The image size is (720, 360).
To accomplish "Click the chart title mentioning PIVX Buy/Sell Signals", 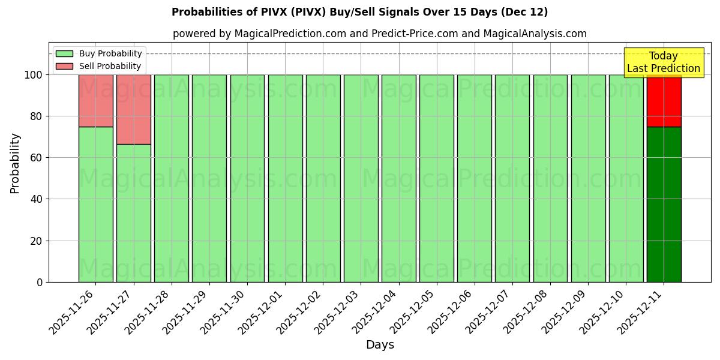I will [x=359, y=12].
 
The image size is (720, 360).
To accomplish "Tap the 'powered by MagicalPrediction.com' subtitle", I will [x=379, y=34].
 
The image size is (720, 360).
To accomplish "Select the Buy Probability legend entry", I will [x=98, y=53].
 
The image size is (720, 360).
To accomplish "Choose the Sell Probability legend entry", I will [x=98, y=66].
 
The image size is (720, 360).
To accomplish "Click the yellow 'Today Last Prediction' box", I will [x=663, y=62].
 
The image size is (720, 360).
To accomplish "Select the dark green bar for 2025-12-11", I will [x=664, y=204].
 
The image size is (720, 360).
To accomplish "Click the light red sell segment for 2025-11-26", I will [x=95, y=100].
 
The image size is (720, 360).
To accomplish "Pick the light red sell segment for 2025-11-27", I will [x=133, y=109].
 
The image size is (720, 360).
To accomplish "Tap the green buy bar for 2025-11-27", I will [x=133, y=213].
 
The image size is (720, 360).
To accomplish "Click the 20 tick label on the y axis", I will [x=37, y=241].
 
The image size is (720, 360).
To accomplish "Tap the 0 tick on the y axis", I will [x=40, y=283].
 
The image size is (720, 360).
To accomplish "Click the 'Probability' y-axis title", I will [x=15, y=163].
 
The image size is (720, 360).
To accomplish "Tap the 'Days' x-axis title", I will [x=379, y=345].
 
